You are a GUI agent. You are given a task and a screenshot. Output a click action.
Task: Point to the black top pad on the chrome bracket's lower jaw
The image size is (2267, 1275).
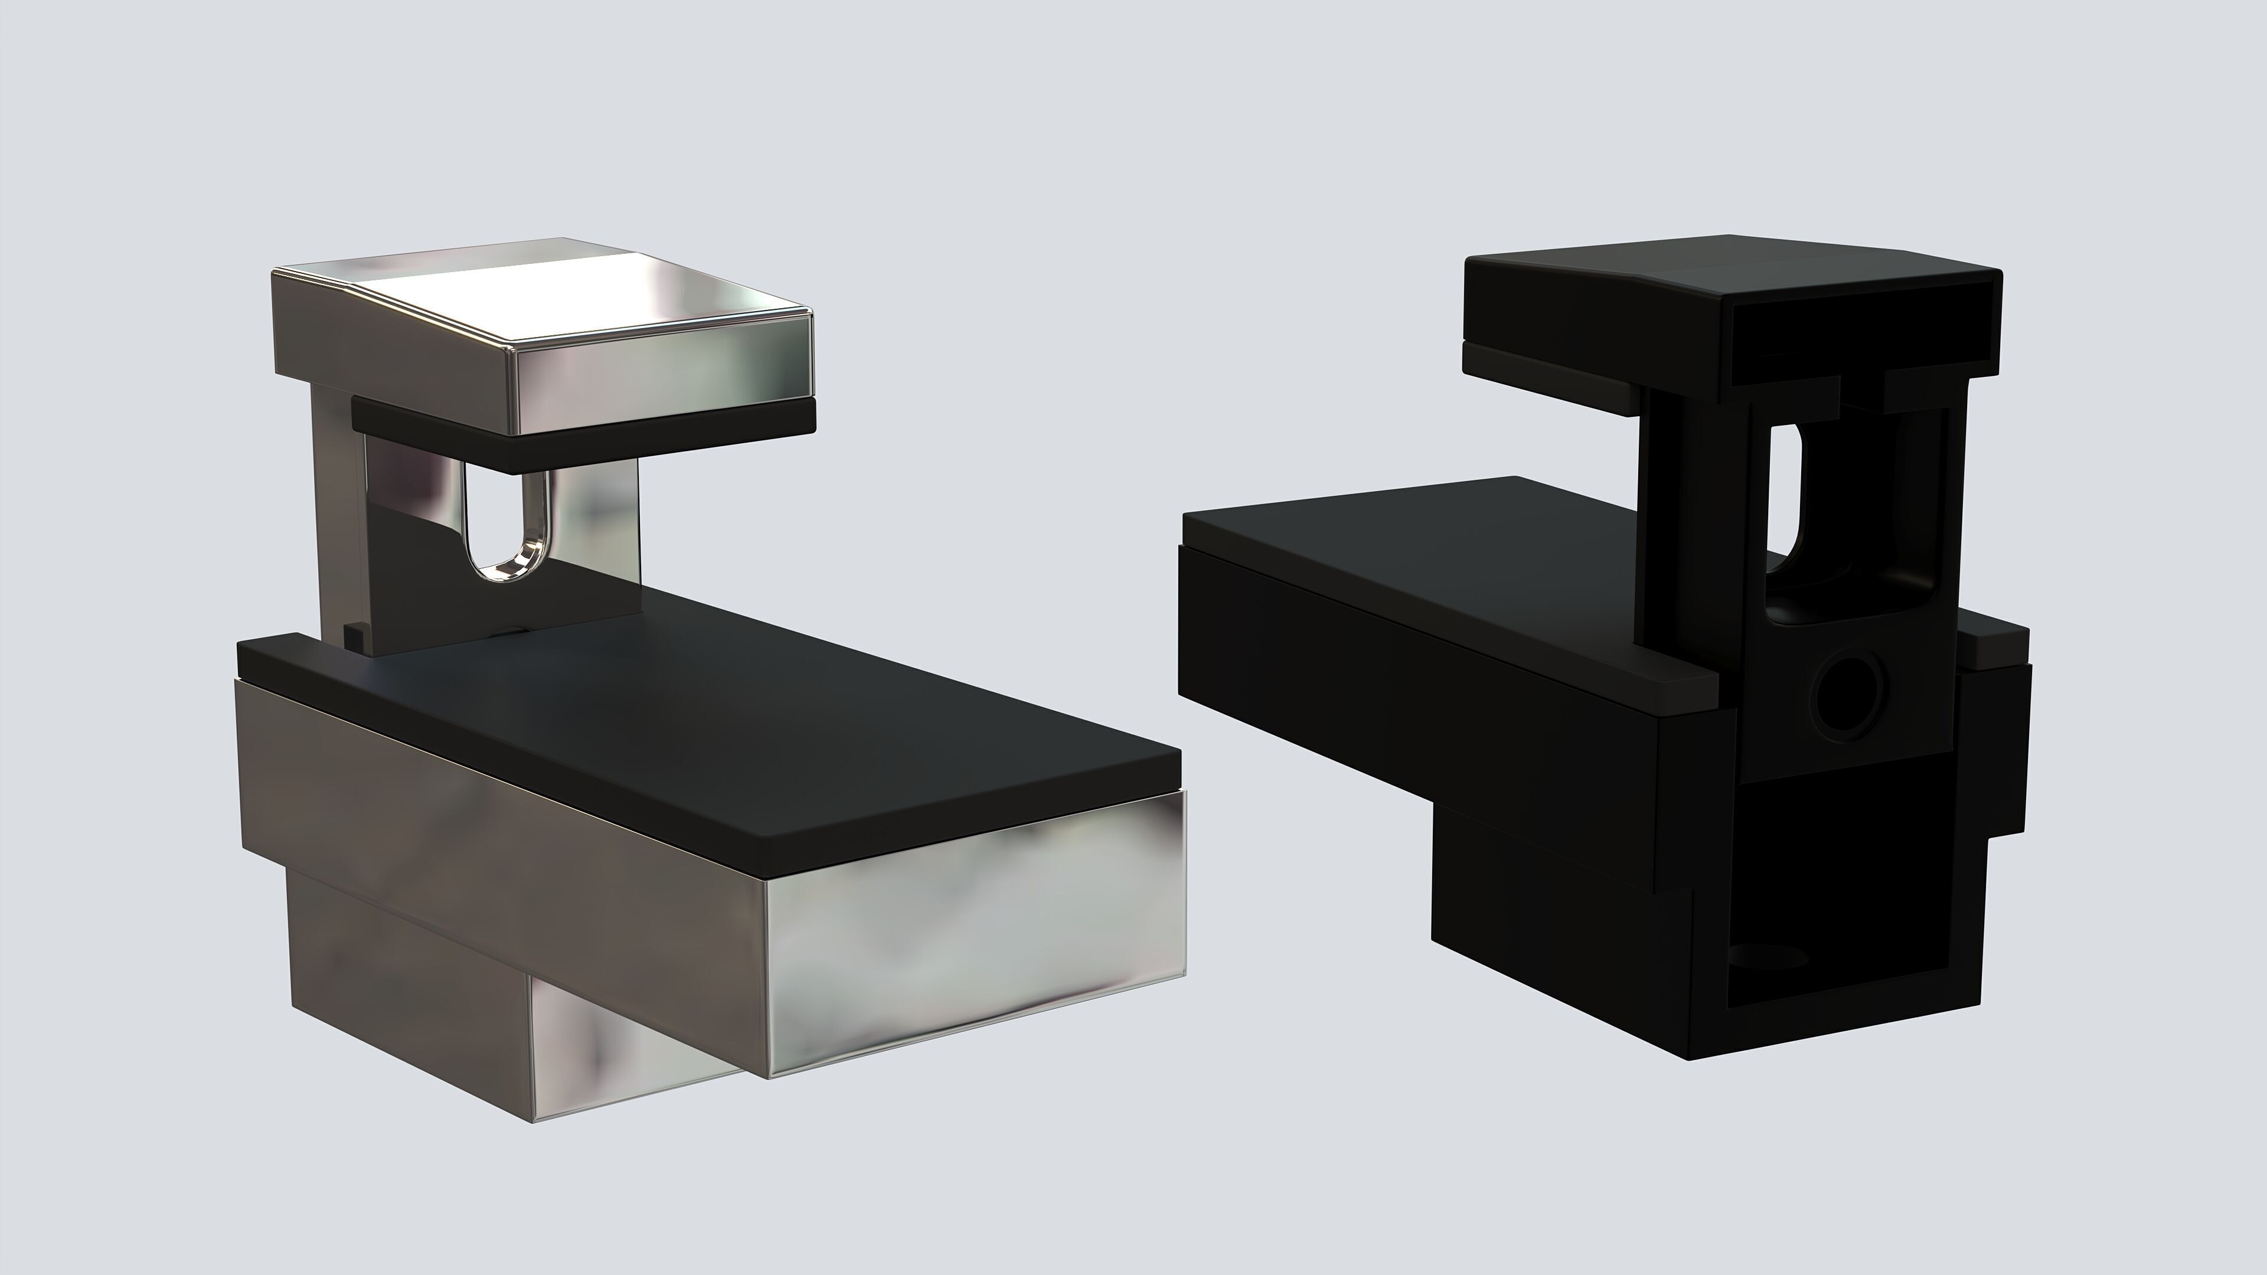(704, 730)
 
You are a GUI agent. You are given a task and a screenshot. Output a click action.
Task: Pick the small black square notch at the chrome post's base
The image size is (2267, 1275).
(353, 633)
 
